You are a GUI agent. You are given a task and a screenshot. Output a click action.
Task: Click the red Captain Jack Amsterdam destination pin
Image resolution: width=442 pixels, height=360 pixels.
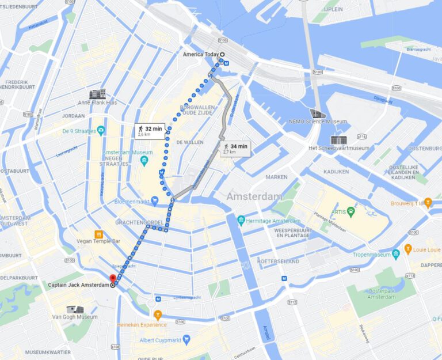[113, 279]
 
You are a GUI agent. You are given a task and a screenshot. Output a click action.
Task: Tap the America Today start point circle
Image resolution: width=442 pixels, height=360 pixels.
[222, 55]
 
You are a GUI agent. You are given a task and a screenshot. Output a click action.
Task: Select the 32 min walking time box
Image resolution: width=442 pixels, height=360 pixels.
[150, 131]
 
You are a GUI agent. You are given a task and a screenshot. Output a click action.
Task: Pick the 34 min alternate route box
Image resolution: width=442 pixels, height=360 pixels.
[235, 149]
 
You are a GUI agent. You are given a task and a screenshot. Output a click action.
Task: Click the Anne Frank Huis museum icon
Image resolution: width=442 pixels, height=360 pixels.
[97, 94]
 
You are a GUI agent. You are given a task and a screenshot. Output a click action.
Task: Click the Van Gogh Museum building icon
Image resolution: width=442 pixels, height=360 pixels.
[74, 309]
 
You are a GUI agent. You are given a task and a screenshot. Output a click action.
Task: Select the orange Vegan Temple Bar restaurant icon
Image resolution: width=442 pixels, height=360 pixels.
[98, 234]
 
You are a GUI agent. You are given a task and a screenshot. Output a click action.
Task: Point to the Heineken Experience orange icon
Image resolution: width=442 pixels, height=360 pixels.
[158, 315]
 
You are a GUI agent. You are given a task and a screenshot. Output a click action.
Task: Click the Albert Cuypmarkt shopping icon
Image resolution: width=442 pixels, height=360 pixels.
[186, 340]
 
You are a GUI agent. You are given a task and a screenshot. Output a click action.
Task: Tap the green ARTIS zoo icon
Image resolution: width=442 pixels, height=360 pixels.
[351, 211]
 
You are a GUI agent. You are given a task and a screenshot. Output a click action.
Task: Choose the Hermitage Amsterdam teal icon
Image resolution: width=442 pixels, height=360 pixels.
[241, 220]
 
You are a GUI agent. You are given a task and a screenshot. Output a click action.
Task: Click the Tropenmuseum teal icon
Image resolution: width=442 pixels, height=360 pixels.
[396, 255]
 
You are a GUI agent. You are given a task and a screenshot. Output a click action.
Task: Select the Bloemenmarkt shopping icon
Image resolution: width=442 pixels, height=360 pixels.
[155, 201]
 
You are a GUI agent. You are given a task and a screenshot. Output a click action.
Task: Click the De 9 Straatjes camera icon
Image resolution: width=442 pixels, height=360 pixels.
[101, 130]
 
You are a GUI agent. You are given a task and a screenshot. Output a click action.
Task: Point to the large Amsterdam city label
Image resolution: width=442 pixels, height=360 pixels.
[254, 197]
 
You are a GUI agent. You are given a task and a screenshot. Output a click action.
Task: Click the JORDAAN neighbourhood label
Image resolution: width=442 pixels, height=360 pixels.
[73, 116]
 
